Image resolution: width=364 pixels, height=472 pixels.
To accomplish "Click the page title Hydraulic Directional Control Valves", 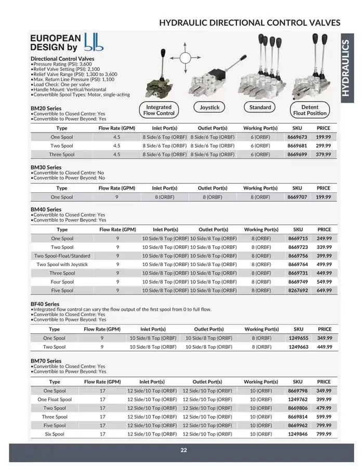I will pos(250,22).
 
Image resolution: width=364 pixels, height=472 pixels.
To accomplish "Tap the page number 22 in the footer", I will pos(184,450).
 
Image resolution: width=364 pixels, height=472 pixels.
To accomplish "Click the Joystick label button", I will pos(210,108).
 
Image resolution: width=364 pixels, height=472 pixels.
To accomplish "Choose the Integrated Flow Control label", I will pos(159,110).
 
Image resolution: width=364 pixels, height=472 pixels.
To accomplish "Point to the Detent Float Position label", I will pos(310,110).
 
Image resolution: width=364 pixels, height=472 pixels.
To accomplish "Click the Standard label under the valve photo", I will pos(260,108).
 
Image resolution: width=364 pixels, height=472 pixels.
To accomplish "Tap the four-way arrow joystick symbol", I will pos(184,58).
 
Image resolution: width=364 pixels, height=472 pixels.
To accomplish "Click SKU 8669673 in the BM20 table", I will pos(297,137).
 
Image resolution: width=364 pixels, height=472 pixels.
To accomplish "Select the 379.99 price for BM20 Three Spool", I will pos(323,154).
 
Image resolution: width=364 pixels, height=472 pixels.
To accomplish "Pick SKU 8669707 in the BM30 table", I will pos(297,198).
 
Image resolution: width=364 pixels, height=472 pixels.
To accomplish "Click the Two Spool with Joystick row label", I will pos(62,265).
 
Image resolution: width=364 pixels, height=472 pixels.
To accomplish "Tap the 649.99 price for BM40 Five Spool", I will pos(324,291).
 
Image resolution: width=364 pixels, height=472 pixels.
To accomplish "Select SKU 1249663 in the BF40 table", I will pos(298,347).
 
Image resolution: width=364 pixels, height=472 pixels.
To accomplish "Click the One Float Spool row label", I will pos(55,400).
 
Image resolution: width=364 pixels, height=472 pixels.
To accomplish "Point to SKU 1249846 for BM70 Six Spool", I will pos(298,434).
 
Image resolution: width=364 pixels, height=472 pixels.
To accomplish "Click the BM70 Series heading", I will pos(46,361).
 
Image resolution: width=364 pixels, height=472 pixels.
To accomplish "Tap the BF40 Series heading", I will pos(45,304).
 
